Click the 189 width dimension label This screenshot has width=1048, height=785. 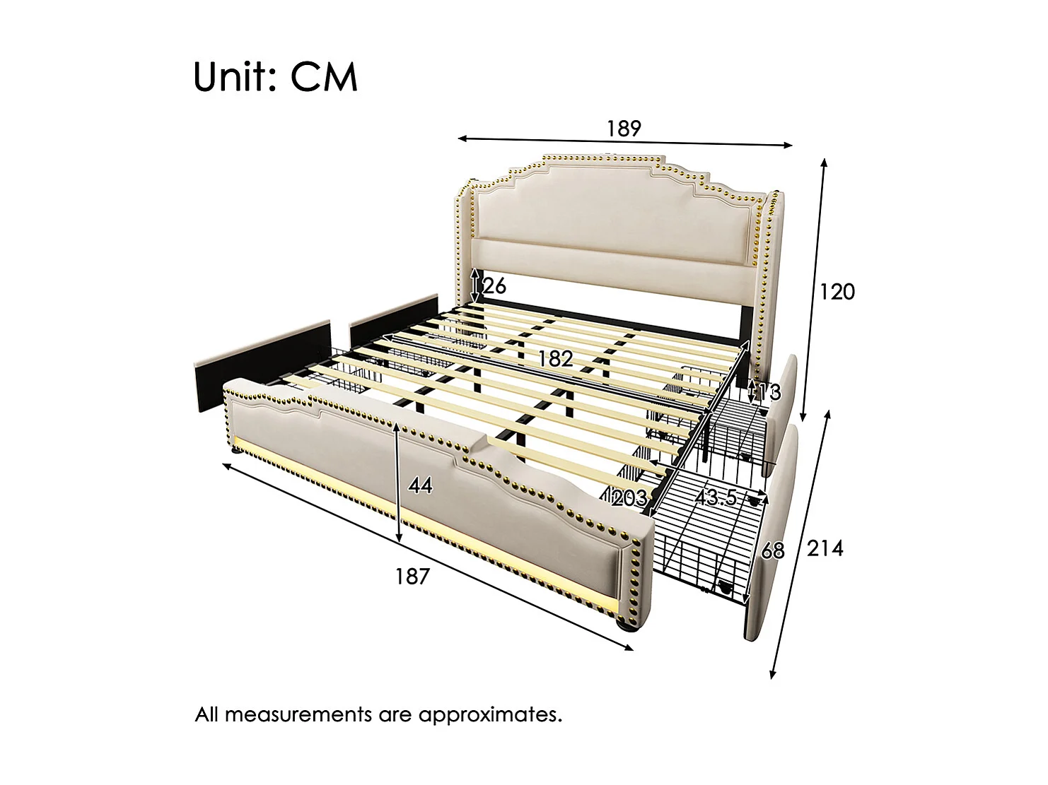(x=623, y=129)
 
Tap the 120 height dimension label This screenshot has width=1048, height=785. (x=837, y=291)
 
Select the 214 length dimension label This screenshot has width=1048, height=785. (x=825, y=548)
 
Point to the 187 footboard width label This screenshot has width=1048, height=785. (x=412, y=577)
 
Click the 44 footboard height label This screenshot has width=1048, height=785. (x=420, y=485)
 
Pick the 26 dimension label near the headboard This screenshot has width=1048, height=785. (x=494, y=286)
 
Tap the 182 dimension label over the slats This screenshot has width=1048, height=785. (x=554, y=359)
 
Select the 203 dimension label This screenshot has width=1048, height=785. (x=629, y=498)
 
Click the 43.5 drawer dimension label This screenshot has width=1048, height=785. (x=716, y=498)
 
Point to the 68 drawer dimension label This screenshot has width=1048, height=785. (x=772, y=550)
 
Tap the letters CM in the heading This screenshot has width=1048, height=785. (x=324, y=77)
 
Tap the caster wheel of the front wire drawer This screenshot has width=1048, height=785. (x=723, y=586)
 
